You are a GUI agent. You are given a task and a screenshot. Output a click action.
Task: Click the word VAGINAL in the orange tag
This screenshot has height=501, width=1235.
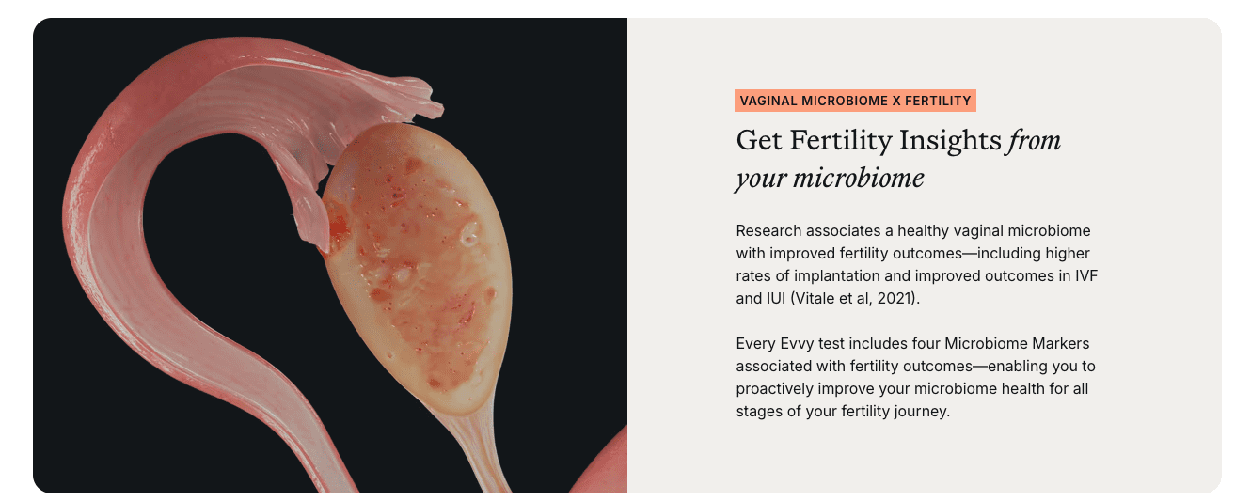point(767,101)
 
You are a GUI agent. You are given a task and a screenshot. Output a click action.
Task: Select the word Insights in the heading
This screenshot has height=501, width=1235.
point(950,141)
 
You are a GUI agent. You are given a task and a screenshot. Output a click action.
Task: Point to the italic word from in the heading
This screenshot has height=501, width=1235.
point(1035,141)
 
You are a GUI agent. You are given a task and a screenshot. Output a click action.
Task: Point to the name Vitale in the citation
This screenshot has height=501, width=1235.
point(817,298)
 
